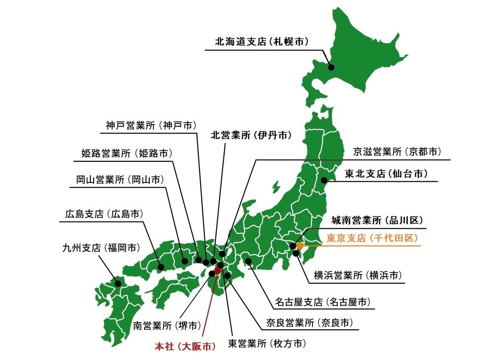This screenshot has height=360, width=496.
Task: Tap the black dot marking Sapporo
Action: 331,67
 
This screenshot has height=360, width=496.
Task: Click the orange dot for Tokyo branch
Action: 300,246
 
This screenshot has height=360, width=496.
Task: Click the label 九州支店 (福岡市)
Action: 101,247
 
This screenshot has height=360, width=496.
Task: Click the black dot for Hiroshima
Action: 161,267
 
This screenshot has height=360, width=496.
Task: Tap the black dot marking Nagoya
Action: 248,261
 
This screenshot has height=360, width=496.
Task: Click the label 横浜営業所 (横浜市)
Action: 357,275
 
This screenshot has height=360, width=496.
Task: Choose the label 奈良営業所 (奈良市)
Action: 309,323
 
